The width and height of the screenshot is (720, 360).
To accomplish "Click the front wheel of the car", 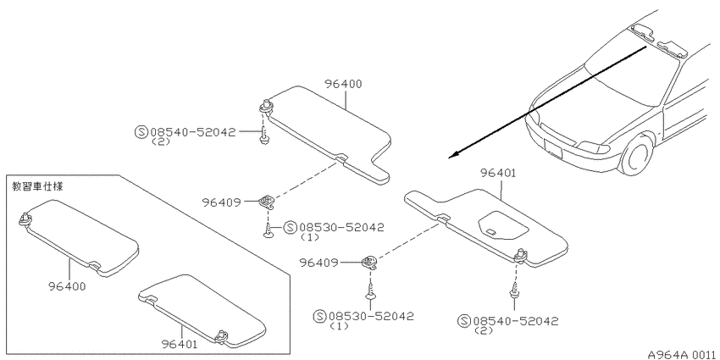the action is (x=637, y=155).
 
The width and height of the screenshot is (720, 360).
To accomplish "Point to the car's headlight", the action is (x=593, y=147).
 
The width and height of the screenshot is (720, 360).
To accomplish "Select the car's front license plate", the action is (x=552, y=148).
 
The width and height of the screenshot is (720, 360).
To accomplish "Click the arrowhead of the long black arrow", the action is (x=454, y=155).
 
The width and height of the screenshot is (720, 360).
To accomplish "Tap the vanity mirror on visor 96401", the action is (x=502, y=225).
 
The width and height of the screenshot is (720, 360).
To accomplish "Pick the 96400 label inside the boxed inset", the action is (x=67, y=286).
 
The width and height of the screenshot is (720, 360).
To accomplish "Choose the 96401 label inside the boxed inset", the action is (x=180, y=344).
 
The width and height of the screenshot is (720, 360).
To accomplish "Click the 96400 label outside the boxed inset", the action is (x=343, y=84).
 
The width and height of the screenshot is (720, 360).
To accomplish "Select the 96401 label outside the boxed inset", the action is (x=498, y=173).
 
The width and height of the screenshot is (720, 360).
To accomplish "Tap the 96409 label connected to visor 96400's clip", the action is (x=221, y=202).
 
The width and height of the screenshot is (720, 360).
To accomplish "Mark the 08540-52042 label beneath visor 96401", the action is (x=516, y=321).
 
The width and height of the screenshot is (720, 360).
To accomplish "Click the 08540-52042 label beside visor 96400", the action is (x=193, y=132).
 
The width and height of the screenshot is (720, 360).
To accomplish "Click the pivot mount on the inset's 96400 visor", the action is (x=25, y=220).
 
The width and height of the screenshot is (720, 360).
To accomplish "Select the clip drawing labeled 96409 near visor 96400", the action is (x=267, y=201).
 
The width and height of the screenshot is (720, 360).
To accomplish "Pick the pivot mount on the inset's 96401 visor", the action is (x=223, y=335).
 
